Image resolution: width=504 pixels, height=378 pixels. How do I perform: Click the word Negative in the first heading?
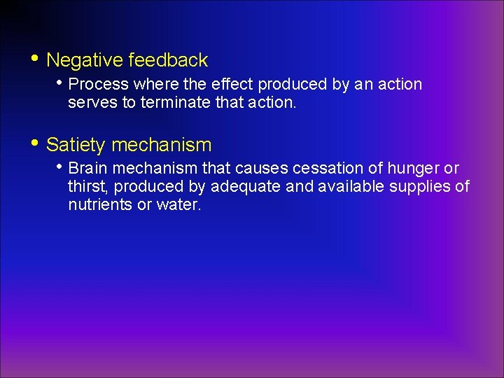[x=85, y=60]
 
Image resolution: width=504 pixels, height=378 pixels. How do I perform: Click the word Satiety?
[x=76, y=145]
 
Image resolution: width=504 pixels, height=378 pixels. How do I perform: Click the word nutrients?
[x=99, y=206]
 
